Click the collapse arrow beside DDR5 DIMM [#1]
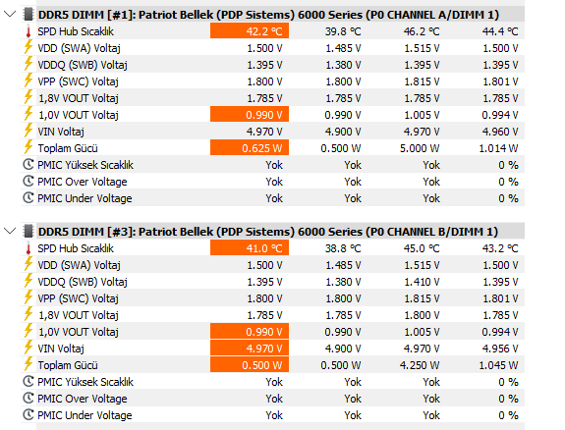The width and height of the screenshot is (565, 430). click(x=10, y=15)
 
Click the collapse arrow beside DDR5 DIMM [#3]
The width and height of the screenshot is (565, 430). click(x=10, y=231)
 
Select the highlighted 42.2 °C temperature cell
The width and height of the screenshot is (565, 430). click(x=250, y=31)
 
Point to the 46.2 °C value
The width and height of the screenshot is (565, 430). click(x=422, y=31)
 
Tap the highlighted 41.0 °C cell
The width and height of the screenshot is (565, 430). click(x=250, y=248)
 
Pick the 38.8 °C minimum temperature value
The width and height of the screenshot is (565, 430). click(x=343, y=248)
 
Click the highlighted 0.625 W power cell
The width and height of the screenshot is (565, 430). click(x=250, y=147)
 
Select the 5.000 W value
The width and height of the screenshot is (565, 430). click(x=420, y=148)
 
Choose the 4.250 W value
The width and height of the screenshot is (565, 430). click(x=420, y=365)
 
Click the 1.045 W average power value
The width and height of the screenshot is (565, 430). click(x=498, y=365)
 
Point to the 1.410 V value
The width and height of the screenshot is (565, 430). click(x=422, y=282)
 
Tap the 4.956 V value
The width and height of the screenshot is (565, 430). click(x=500, y=349)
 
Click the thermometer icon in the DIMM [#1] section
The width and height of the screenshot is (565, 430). click(x=28, y=31)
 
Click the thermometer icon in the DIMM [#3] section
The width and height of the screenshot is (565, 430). click(x=28, y=248)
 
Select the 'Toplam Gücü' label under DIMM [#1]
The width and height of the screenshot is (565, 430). click(x=68, y=148)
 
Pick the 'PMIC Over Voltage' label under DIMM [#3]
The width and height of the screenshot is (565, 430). click(x=83, y=399)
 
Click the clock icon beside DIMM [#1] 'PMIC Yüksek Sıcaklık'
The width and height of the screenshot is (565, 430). click(x=28, y=165)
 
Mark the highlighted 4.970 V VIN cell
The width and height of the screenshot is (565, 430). click(x=250, y=349)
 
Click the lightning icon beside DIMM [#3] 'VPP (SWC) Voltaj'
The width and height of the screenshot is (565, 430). click(x=28, y=297)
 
